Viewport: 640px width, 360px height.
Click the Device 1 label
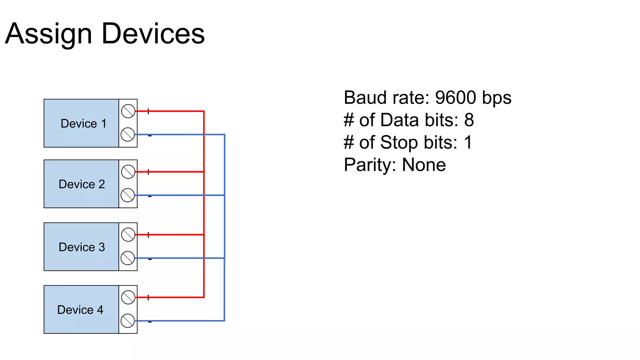point(83,123)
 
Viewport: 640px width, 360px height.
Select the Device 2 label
point(82,184)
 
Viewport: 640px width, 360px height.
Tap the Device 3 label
point(82,247)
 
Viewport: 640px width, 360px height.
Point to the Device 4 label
point(80,310)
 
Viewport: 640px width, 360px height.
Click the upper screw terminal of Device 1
point(128,111)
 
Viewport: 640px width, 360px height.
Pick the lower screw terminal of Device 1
point(127,135)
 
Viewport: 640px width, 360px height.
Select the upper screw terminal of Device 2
point(128,172)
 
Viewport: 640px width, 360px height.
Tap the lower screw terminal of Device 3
point(127,258)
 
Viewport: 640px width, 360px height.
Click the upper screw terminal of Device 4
point(128,297)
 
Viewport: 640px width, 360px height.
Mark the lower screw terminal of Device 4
point(127,321)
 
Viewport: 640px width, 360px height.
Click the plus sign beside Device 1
point(148,111)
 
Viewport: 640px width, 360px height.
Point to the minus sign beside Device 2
point(150,197)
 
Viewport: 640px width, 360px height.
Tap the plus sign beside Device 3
point(148,235)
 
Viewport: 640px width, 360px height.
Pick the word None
point(423,165)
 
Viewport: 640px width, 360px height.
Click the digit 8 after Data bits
point(469,120)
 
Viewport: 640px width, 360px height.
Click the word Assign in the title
point(48,34)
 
